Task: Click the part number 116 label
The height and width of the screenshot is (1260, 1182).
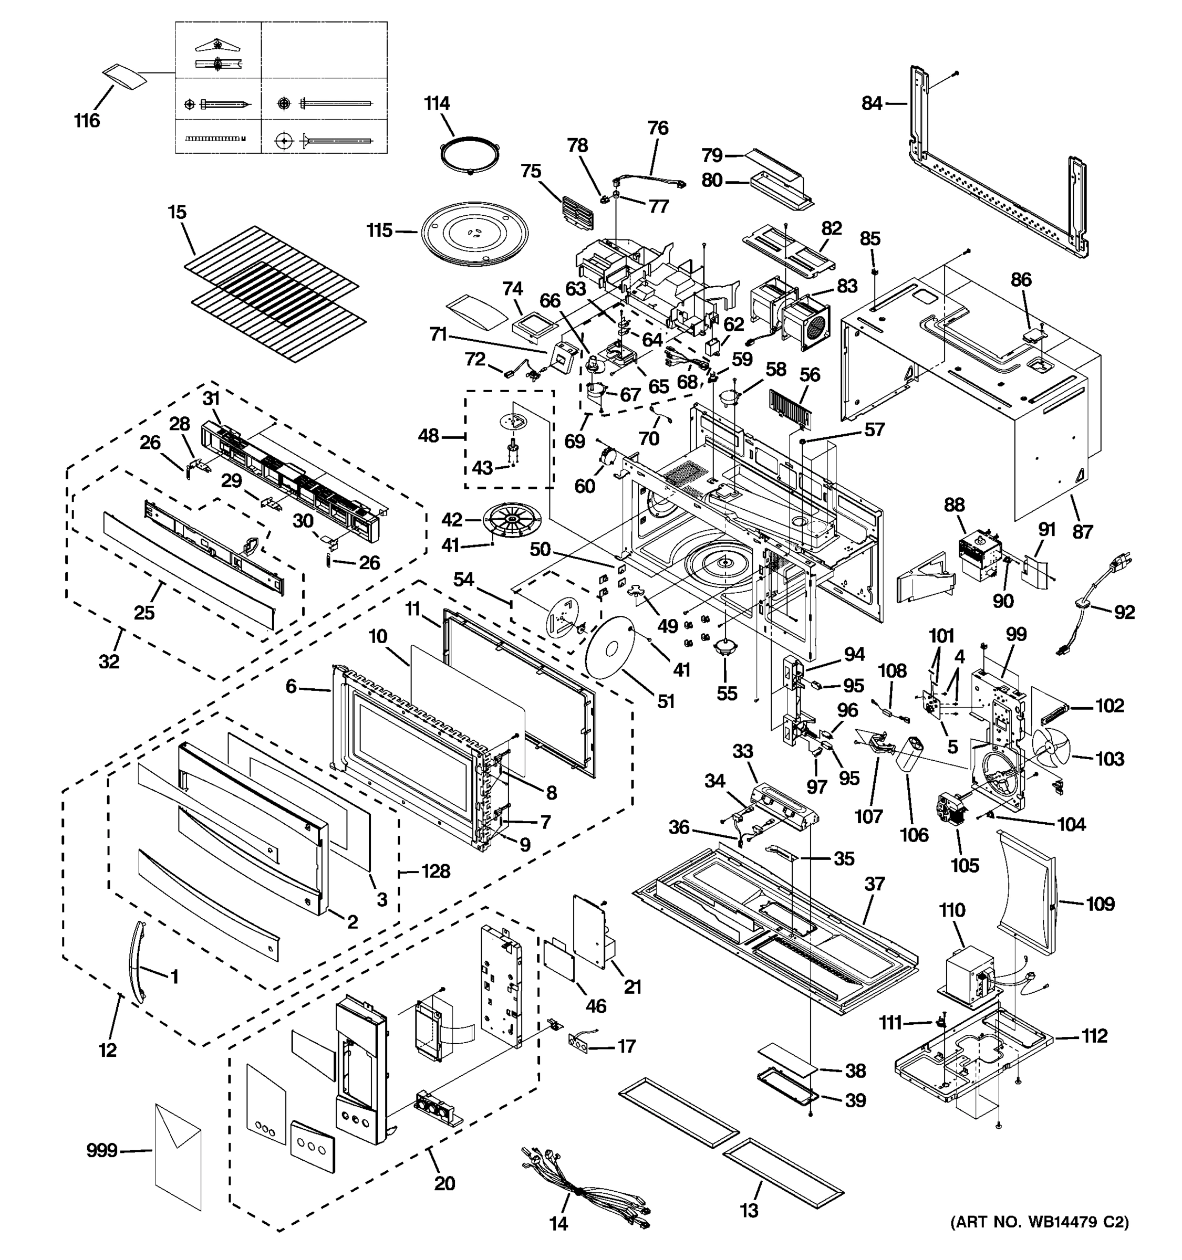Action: pyautogui.click(x=87, y=120)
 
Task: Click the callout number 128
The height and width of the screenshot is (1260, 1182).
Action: pyautogui.click(x=436, y=871)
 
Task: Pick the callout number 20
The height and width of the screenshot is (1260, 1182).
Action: pyautogui.click(x=444, y=1183)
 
